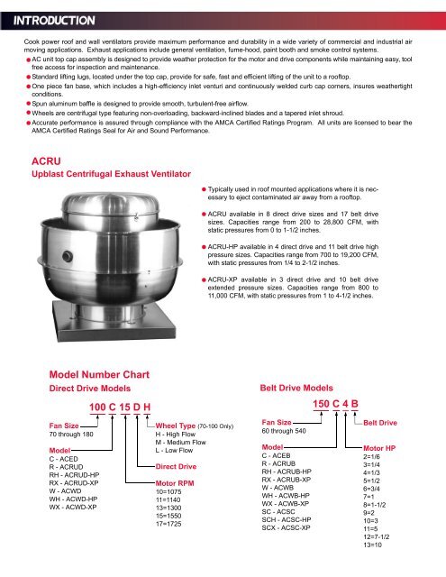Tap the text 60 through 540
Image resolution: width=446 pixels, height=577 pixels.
(287, 431)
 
